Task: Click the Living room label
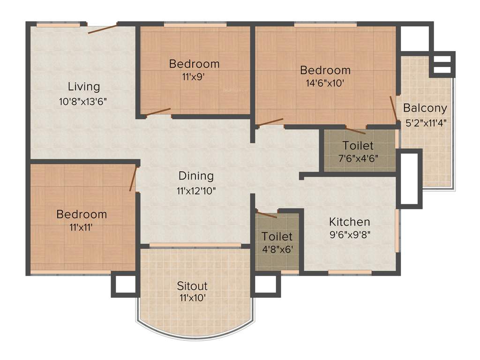tap(84, 86)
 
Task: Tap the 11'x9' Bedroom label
tap(194, 63)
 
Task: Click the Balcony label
tap(425, 108)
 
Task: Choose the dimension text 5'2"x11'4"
tap(426, 124)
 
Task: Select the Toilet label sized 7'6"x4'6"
tap(358, 145)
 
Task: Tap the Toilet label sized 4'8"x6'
tap(277, 236)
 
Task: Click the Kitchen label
tap(349, 221)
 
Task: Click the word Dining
tap(196, 176)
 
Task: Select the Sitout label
tap(192, 285)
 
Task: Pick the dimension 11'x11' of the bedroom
tap(82, 228)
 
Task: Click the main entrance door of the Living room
tap(102, 28)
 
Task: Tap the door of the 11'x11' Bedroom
tap(133, 179)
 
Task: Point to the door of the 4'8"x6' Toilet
tap(267, 215)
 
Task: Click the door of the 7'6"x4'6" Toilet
tap(355, 130)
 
